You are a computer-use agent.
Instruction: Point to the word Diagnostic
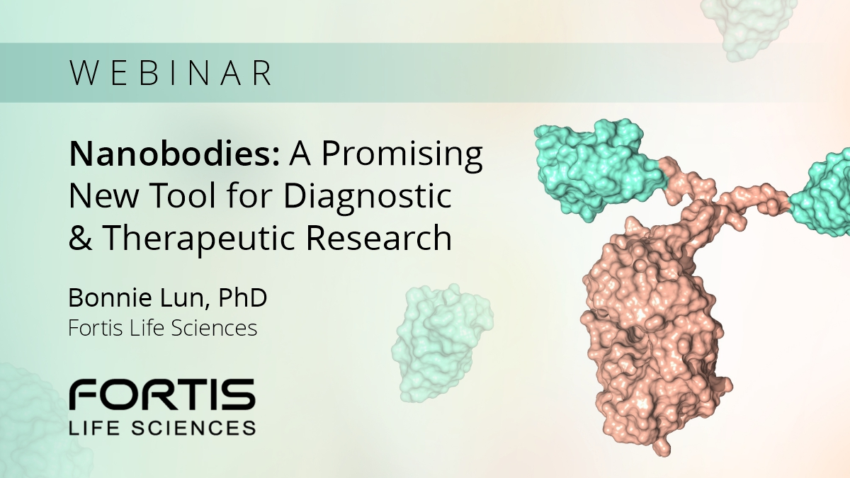[x=368, y=197]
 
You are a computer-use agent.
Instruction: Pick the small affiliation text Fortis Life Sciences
[x=162, y=329]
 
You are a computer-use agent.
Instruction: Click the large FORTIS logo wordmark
[x=161, y=395]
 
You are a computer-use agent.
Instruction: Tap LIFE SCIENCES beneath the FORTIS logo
[x=161, y=427]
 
